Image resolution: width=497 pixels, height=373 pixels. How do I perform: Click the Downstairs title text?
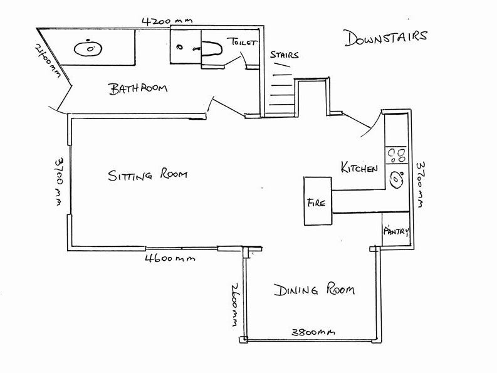tap(385, 37)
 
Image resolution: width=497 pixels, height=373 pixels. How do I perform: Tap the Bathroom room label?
tap(139, 88)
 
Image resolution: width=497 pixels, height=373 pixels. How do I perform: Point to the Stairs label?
tap(283, 55)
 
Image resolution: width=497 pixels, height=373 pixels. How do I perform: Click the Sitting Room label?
tap(147, 174)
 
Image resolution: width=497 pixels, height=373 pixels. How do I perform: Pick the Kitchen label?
tap(358, 167)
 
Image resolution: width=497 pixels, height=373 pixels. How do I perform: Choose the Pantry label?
tap(395, 231)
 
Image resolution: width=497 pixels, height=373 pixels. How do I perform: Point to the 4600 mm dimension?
tap(170, 258)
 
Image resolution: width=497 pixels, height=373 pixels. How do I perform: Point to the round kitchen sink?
tap(396, 180)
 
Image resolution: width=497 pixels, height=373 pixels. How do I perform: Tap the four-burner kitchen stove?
tap(396, 154)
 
